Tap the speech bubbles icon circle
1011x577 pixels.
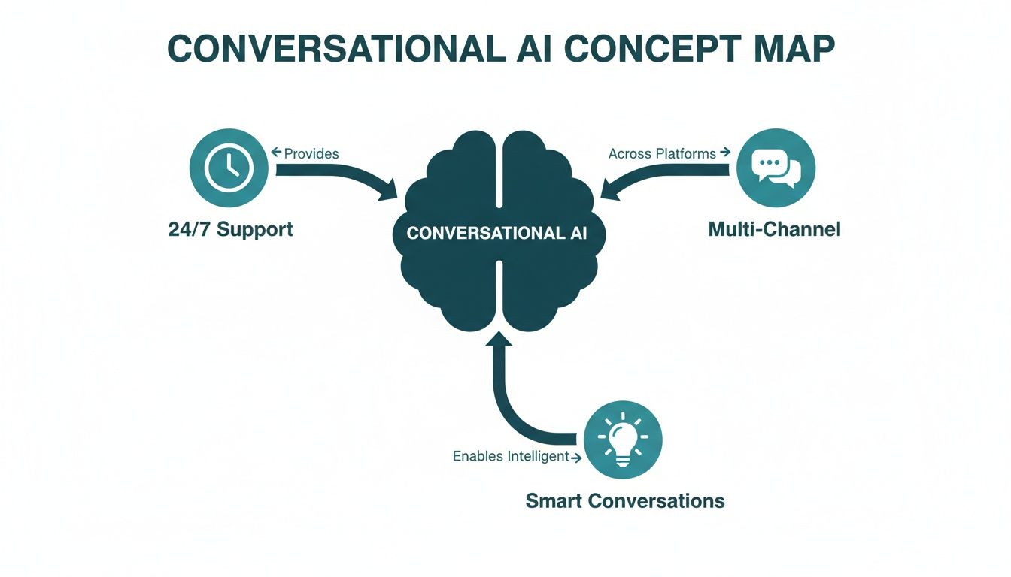(x=776, y=169)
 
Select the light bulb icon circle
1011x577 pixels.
(x=623, y=440)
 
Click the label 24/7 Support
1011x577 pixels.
(x=230, y=228)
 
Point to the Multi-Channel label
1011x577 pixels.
(x=775, y=228)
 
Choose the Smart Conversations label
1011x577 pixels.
(x=625, y=500)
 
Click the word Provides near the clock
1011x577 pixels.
(x=311, y=153)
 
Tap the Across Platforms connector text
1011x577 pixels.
(x=662, y=153)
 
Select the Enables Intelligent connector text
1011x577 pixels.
(x=510, y=456)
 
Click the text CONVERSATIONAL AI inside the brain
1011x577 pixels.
(x=497, y=233)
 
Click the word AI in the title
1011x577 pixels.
(x=531, y=49)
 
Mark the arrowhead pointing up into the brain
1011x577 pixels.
(x=499, y=342)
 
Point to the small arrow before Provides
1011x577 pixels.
(x=275, y=153)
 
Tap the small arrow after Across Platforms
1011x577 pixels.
(x=725, y=153)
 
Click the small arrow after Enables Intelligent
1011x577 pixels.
(x=576, y=457)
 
